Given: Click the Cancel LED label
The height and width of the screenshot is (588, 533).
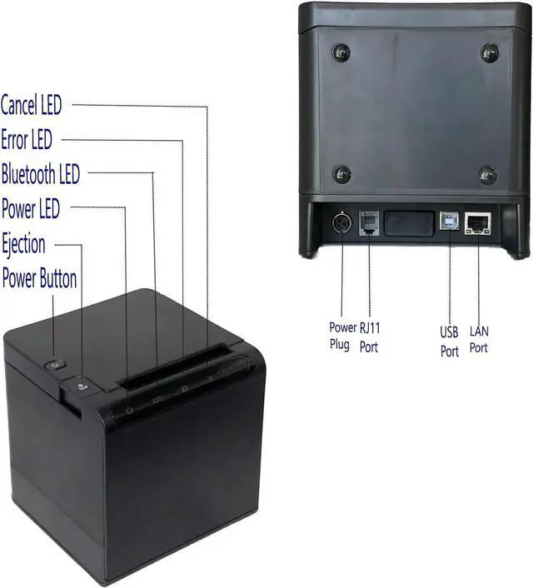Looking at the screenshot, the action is point(31,105).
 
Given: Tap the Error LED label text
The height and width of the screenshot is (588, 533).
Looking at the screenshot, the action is point(27,140).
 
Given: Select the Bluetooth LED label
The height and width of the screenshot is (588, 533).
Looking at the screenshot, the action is point(41,175).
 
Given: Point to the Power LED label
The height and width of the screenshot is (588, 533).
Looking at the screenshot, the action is point(31,209).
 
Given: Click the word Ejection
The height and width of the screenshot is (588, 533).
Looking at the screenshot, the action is point(24,244).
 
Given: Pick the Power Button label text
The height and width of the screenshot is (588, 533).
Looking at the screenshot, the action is point(39,278).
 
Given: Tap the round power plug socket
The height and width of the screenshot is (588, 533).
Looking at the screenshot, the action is point(341,224).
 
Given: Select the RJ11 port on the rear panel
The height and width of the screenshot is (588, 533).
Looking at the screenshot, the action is point(369,224).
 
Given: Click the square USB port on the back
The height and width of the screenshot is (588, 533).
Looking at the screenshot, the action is point(450,223).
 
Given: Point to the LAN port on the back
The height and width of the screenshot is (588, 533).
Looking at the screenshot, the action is point(478,223).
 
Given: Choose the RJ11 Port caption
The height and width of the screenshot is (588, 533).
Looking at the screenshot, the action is point(369,336).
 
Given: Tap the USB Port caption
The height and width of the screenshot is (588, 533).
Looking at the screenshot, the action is point(450,341).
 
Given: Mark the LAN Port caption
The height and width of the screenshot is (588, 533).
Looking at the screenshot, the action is point(479,339).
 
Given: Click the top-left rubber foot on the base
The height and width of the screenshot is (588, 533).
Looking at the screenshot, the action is point(341,52).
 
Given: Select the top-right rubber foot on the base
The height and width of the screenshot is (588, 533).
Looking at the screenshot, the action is point(490,52).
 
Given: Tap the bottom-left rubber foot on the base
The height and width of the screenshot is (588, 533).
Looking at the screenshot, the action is point(341,174).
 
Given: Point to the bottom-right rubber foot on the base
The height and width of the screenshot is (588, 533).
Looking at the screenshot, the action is point(488,175).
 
